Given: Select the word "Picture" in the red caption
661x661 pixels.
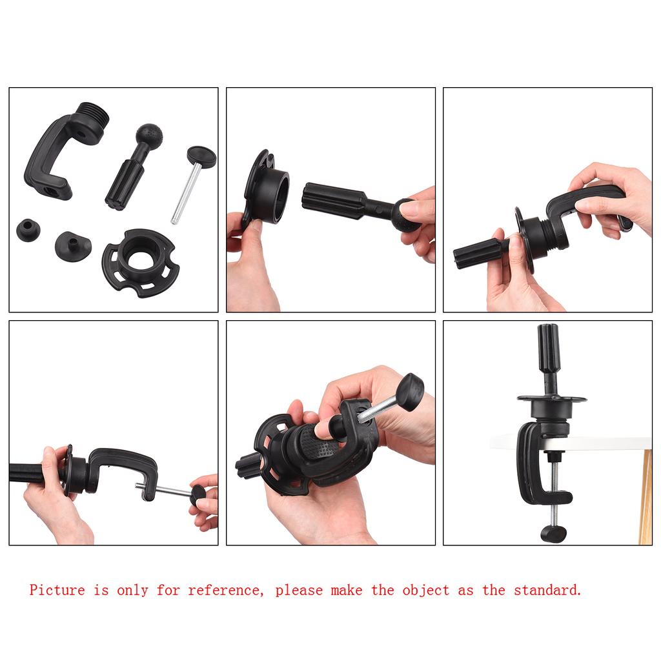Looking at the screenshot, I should coord(57,590).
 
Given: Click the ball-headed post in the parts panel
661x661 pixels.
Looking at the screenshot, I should coord(133,165).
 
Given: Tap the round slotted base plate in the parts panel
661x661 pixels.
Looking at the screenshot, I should coord(138,262).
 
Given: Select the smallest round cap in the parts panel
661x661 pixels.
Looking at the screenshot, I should coord(28,230).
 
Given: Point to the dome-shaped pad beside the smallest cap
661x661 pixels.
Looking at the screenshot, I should coord(72,245).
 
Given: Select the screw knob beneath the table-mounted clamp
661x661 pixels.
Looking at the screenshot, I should coord(553,533).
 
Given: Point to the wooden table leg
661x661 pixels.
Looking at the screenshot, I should coord(645,497).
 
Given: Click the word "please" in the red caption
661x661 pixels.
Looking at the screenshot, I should coord(298,590).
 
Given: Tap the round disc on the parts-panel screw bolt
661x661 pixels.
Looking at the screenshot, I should coord(201,156).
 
